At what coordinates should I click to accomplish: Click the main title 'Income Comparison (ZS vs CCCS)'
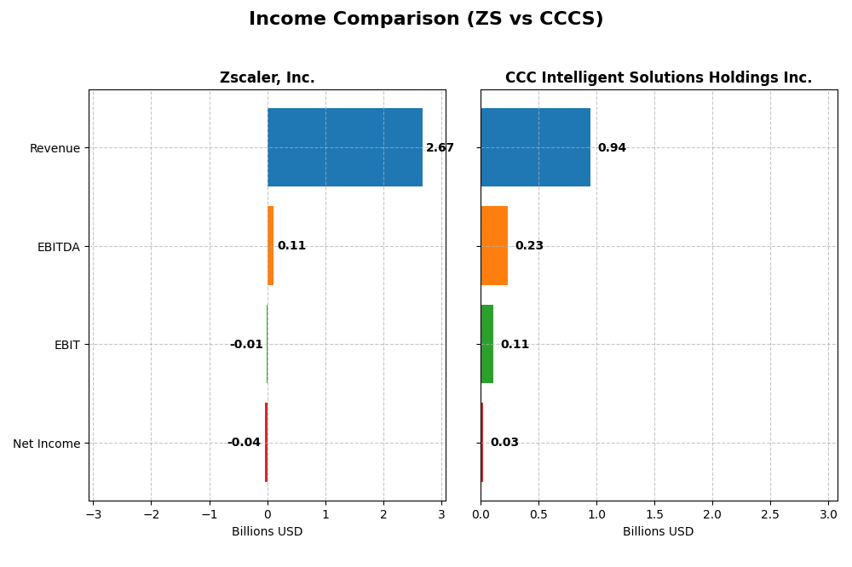[426, 19]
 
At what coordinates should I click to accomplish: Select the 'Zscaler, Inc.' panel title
[267, 78]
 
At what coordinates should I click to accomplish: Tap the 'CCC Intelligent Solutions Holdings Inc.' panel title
[658, 78]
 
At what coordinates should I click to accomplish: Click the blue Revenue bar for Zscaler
[345, 147]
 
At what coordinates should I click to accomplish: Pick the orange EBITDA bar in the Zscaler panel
[270, 245]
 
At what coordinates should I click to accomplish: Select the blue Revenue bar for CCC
[535, 147]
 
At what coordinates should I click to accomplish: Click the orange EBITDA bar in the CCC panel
[494, 245]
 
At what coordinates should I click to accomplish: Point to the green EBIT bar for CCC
[486, 344]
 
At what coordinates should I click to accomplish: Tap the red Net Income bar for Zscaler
[266, 442]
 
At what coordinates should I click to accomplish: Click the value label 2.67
[440, 148]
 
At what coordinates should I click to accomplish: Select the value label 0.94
[612, 148]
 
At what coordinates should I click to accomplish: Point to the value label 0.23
[529, 246]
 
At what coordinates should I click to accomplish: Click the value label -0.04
[244, 443]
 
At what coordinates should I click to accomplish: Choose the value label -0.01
[246, 345]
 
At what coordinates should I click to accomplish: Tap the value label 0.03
[504, 443]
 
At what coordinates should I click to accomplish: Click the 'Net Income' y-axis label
[47, 444]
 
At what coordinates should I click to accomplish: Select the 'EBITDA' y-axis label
[59, 247]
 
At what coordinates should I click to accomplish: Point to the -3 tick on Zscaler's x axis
[93, 514]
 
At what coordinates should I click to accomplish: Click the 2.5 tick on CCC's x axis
[770, 514]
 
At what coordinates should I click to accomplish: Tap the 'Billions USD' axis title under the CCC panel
[658, 532]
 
